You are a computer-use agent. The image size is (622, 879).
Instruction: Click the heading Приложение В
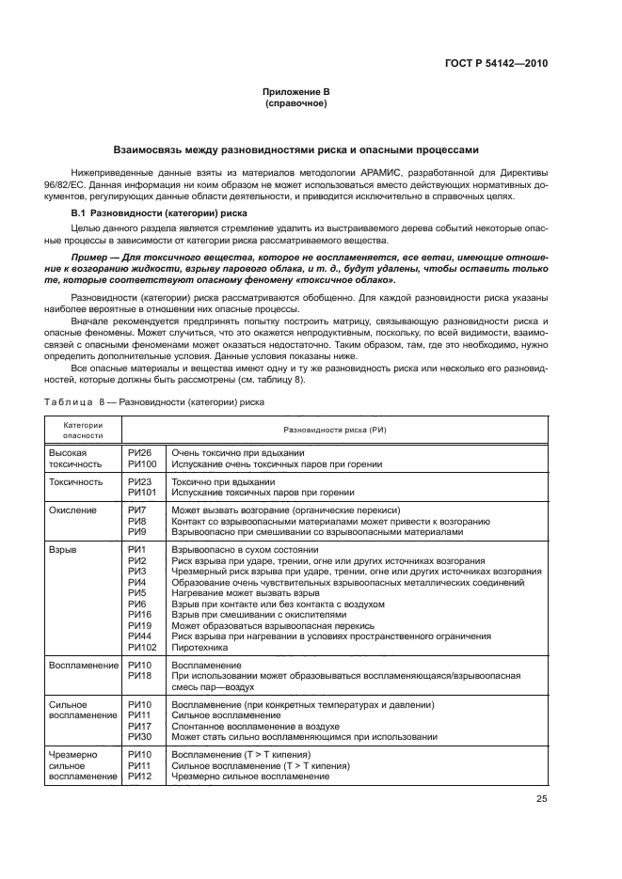296,91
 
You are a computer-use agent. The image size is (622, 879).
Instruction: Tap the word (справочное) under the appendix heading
296,102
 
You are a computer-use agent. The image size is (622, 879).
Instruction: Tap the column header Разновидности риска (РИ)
335,429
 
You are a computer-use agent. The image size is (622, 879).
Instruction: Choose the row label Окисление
72,509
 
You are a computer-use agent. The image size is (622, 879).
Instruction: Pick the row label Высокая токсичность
75,459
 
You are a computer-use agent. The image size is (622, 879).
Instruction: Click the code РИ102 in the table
141,647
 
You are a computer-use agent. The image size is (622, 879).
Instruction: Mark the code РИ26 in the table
139,453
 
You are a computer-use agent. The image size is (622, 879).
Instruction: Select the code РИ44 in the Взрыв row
139,636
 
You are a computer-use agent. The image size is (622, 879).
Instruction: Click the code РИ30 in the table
139,736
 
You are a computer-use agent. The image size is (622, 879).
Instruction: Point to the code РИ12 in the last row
139,776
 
